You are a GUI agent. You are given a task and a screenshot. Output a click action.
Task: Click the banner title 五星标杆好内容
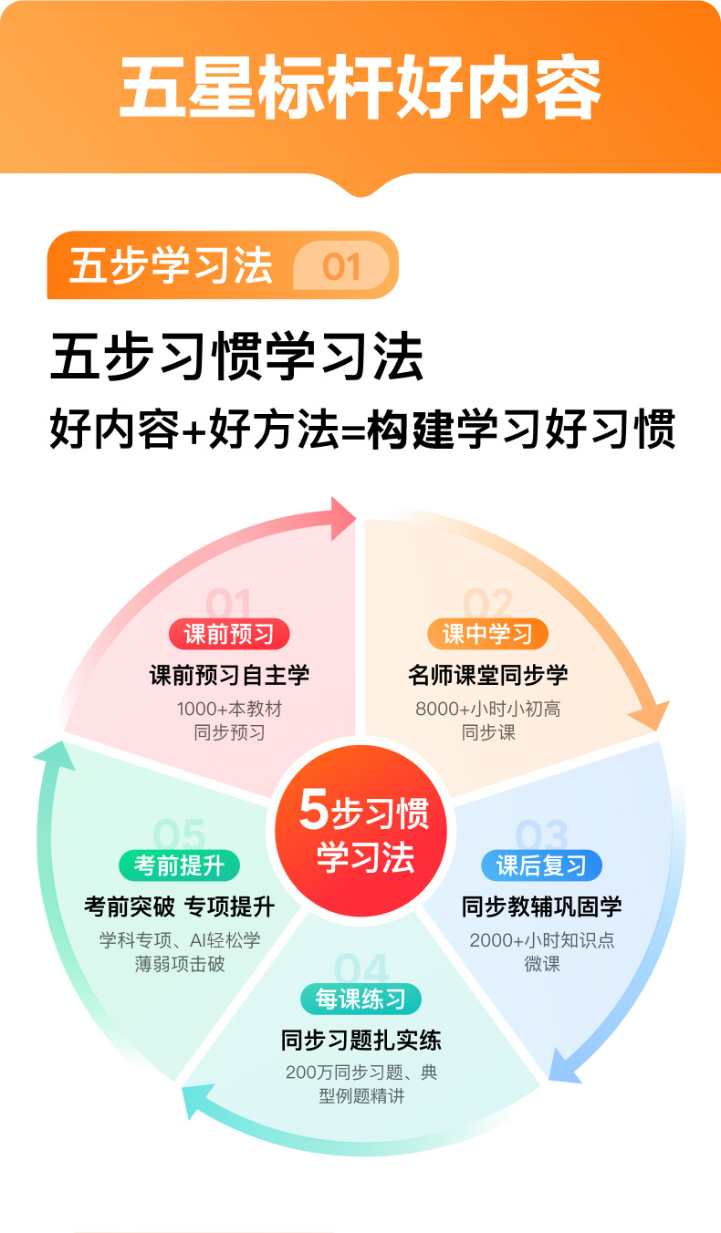pyautogui.click(x=360, y=89)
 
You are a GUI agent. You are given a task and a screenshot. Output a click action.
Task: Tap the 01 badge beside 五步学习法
pyautogui.click(x=341, y=266)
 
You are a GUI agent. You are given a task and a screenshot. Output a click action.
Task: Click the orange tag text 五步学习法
pyautogui.click(x=171, y=266)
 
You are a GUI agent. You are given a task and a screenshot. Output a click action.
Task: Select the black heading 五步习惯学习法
pyautogui.click(x=236, y=358)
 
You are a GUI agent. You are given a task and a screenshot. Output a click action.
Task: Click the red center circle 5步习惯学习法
pyautogui.click(x=362, y=831)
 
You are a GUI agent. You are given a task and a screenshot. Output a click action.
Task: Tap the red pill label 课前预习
pyautogui.click(x=228, y=633)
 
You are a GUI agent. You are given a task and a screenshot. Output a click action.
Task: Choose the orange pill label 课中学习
pyautogui.click(x=487, y=633)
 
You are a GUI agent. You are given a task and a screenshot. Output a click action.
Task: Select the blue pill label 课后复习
pyautogui.click(x=541, y=865)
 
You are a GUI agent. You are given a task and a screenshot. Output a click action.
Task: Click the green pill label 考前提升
pyautogui.click(x=179, y=865)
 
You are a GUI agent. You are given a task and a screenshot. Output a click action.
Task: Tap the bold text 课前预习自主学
pyautogui.click(x=229, y=675)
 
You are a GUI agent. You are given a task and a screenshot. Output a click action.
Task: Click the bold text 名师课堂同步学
pyautogui.click(x=487, y=675)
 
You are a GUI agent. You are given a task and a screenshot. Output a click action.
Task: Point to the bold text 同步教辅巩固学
pyautogui.click(x=541, y=907)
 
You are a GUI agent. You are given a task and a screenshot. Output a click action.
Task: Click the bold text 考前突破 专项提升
pyautogui.click(x=179, y=907)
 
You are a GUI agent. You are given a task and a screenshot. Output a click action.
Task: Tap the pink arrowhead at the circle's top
pyautogui.click(x=343, y=518)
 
